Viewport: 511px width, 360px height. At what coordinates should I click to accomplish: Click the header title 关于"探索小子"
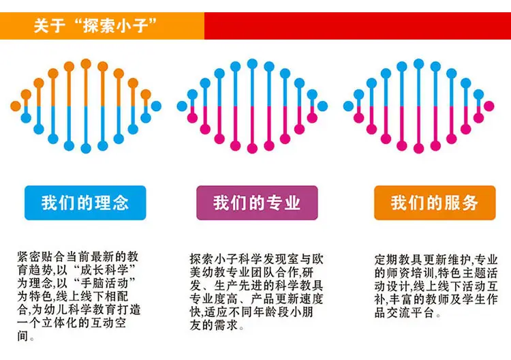pos(95,25)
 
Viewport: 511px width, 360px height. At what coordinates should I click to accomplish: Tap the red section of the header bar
pos(358,26)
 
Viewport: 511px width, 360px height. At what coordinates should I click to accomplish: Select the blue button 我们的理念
pos(85,202)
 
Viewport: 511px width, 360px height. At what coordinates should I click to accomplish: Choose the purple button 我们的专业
pos(257,202)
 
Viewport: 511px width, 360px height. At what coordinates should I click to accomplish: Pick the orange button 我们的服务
pos(435,202)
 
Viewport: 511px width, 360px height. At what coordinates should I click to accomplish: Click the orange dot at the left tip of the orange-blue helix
pos(15,106)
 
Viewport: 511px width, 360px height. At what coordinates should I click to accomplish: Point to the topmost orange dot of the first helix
pos(86,64)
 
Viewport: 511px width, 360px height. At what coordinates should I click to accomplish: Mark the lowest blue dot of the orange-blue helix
pos(86,149)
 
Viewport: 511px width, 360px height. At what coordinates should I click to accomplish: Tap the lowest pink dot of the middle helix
pos(252,149)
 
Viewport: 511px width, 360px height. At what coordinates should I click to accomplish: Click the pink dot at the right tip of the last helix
pos(489,106)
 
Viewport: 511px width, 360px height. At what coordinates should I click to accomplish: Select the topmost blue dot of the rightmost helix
pos(419,64)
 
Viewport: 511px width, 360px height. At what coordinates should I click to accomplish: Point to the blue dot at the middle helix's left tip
pos(182,106)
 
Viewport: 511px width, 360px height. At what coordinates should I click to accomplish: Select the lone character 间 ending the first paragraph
pos(22,336)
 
